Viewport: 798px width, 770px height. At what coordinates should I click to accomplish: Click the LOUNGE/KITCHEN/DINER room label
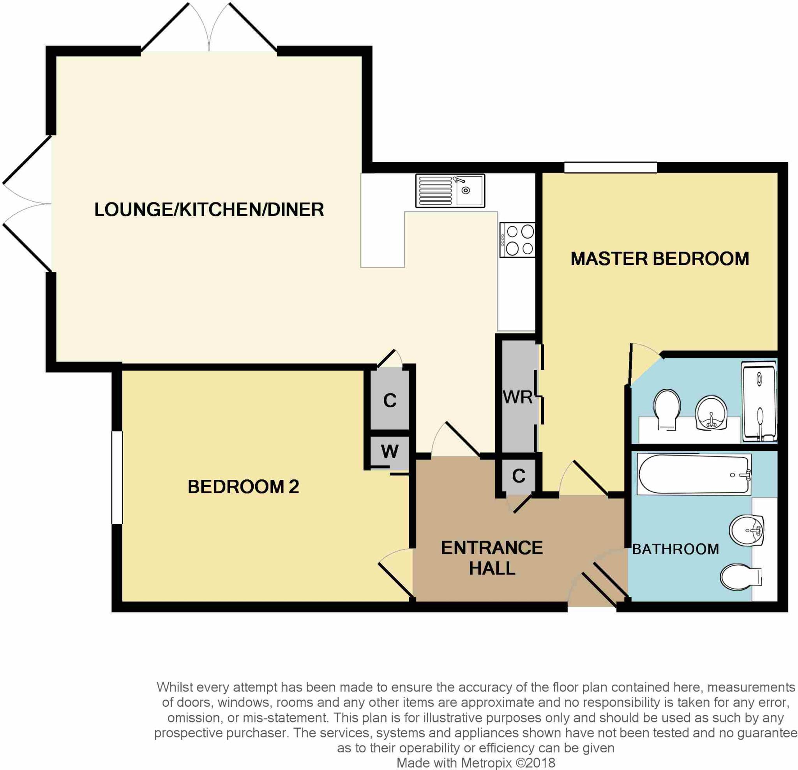tap(209, 209)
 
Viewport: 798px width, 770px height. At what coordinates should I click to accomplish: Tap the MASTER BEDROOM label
tap(660, 259)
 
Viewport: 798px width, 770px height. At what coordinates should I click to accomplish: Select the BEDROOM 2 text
tap(243, 486)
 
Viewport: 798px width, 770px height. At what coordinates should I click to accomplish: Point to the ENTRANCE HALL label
tap(492, 558)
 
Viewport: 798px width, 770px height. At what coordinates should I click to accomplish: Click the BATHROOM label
tap(675, 549)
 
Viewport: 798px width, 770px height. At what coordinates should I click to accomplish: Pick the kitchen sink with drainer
tap(450, 191)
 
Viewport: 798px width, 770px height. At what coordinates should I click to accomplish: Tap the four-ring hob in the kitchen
tap(517, 240)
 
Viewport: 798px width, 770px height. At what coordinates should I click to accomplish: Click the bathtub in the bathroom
tap(694, 474)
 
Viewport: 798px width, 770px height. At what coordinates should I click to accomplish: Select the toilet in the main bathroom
tap(741, 577)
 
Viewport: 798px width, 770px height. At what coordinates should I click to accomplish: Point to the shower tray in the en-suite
tap(759, 401)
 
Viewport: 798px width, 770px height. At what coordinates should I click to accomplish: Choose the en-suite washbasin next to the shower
tap(711, 413)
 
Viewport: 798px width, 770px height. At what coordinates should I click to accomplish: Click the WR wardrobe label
tap(517, 397)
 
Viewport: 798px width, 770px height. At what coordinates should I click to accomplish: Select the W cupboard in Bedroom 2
tap(390, 451)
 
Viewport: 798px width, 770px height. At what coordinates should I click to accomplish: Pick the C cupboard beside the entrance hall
tap(518, 476)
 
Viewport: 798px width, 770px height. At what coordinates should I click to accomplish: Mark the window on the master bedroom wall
tap(610, 167)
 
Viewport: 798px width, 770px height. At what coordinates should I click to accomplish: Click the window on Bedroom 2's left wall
tap(117, 477)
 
